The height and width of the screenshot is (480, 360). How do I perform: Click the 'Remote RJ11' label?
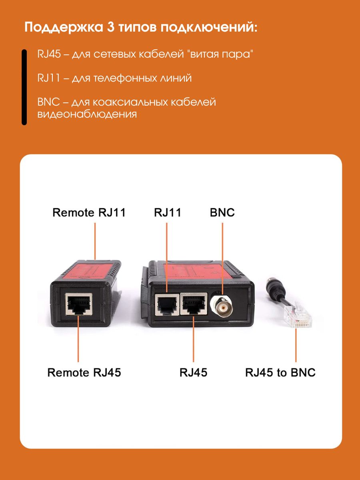point(89,212)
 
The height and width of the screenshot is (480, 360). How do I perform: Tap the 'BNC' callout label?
point(222,212)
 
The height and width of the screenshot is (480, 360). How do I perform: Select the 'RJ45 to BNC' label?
point(280,373)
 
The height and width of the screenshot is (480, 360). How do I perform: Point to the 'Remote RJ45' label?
point(84,373)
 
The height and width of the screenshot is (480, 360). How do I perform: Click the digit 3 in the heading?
point(111,28)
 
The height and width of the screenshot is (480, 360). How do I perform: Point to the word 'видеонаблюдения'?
point(87,114)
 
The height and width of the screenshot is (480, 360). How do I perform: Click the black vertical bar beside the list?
point(24,87)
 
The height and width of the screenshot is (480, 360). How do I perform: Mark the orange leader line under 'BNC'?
point(222,256)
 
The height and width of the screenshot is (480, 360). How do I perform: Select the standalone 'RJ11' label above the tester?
point(168,212)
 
